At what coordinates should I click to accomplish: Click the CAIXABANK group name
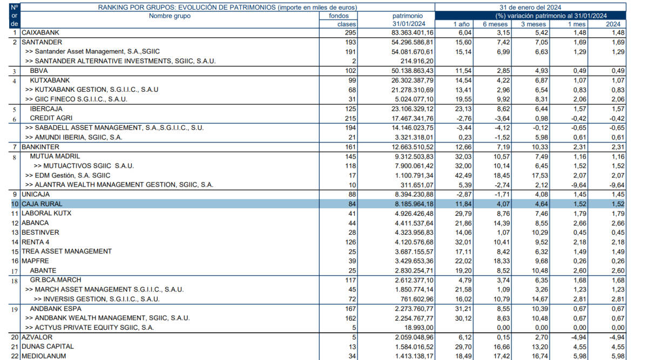tap(40, 33)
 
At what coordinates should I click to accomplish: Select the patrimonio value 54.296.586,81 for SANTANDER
tap(412, 42)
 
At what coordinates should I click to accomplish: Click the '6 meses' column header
tap(495, 24)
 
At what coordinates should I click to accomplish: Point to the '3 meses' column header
tap(534, 24)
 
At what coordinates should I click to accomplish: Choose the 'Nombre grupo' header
tap(170, 16)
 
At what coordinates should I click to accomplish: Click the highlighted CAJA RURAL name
tap(42, 204)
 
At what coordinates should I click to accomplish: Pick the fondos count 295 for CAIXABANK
tap(350, 33)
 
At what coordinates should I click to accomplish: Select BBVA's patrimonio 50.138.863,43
tap(412, 71)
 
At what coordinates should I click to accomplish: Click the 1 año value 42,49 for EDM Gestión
tap(463, 175)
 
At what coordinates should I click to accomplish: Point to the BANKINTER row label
tap(40, 147)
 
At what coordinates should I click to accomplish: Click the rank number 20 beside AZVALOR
tap(15, 337)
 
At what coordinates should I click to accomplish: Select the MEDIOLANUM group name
tap(44, 356)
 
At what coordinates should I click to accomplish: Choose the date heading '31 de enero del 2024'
tap(530, 7)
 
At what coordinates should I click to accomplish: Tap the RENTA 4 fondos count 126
tap(350, 242)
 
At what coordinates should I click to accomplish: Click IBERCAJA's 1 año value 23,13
tap(463, 109)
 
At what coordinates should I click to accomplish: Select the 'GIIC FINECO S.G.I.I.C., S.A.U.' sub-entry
tap(76, 99)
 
